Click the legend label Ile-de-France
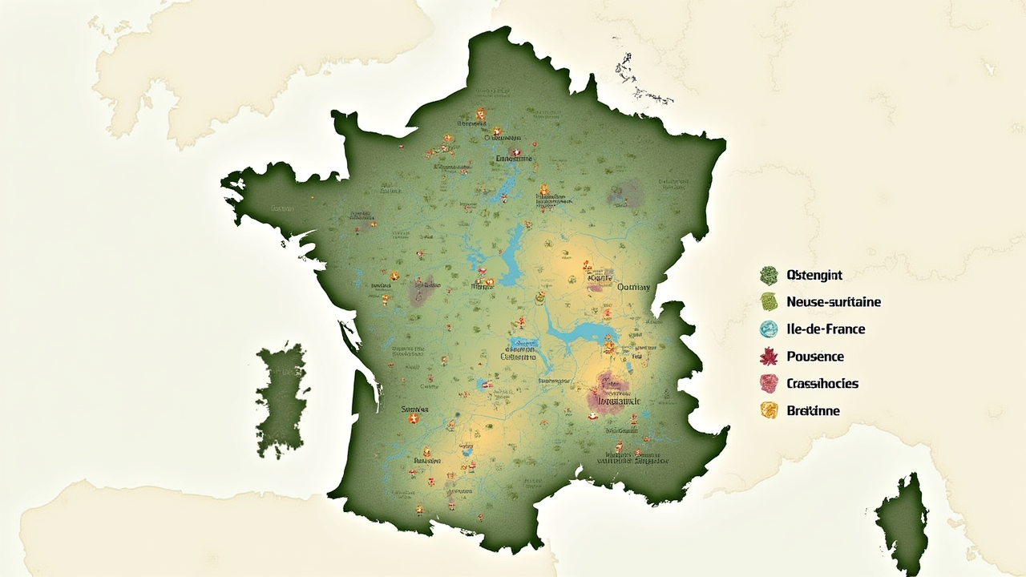[x=826, y=329]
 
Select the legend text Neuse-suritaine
[x=834, y=302]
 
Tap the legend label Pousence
[x=815, y=357]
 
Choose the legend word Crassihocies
[x=822, y=384]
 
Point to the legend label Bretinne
[x=813, y=411]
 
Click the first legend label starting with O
[x=814, y=275]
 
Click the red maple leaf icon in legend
[x=769, y=357]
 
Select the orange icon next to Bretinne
[x=769, y=410]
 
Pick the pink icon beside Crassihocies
[x=769, y=384]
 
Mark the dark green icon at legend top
[x=769, y=276]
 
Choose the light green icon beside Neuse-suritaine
[x=769, y=302]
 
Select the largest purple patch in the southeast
[x=607, y=394]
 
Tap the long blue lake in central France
[x=509, y=256]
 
